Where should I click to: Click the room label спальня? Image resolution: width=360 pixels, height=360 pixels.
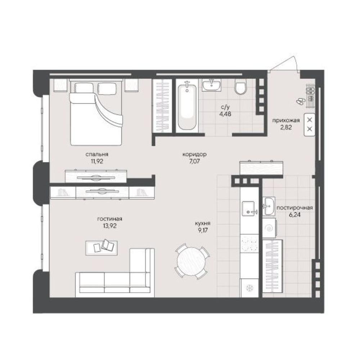(96, 154)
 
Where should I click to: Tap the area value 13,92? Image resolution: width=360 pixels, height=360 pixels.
(110, 226)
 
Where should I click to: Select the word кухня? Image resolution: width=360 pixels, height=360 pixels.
(202, 223)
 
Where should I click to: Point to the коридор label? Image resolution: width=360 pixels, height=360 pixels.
(194, 154)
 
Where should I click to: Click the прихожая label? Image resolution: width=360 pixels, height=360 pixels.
(286, 120)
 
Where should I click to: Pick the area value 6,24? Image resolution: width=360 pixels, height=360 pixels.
(295, 215)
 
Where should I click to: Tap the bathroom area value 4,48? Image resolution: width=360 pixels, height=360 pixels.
(225, 114)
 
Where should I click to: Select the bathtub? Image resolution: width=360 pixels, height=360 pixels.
(187, 107)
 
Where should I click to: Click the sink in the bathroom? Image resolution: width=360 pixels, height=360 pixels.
(211, 85)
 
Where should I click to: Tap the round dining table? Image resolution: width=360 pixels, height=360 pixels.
(192, 261)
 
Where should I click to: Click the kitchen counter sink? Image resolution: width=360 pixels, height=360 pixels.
(249, 208)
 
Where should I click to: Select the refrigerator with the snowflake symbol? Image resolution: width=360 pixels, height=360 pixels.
(249, 288)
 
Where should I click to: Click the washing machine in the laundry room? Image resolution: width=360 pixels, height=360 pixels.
(269, 228)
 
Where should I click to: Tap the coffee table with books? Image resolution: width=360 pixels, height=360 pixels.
(102, 248)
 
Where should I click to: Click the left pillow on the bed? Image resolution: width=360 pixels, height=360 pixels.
(84, 89)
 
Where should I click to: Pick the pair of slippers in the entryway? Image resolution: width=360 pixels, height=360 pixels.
(301, 101)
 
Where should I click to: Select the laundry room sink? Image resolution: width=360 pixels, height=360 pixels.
(269, 206)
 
